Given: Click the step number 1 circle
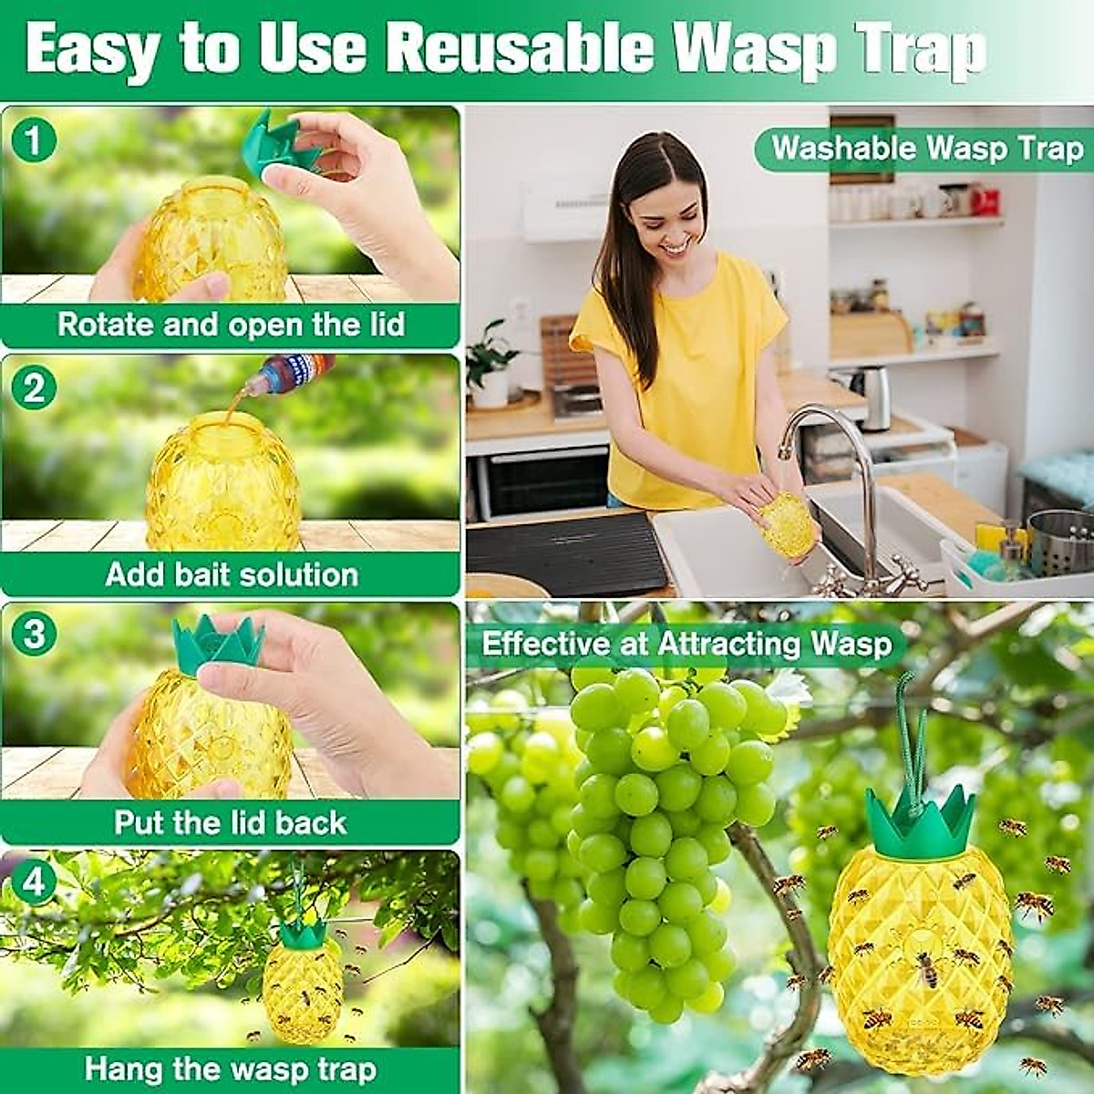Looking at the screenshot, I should (x=34, y=141).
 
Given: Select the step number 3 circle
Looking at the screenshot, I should (x=34, y=634).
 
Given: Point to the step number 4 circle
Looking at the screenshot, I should (x=34, y=882).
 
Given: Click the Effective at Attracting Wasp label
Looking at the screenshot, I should (x=686, y=645).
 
